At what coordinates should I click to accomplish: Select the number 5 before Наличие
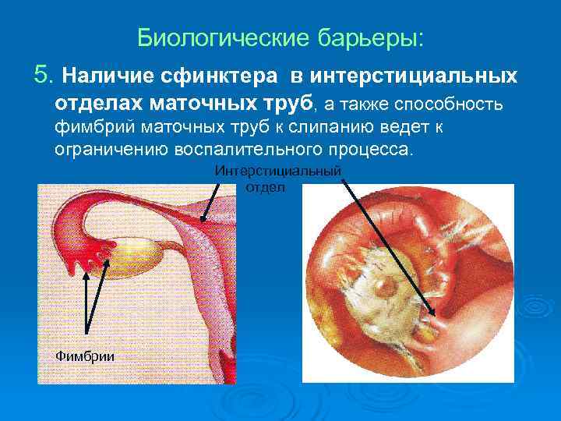point(42,76)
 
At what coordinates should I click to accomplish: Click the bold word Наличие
point(108,76)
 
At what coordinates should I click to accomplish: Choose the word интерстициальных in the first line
point(413,76)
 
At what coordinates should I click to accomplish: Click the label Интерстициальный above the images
point(278,172)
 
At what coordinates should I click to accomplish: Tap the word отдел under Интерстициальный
point(266,187)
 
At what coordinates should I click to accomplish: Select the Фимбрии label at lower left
point(85,356)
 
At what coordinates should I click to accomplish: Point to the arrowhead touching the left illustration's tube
point(203,221)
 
